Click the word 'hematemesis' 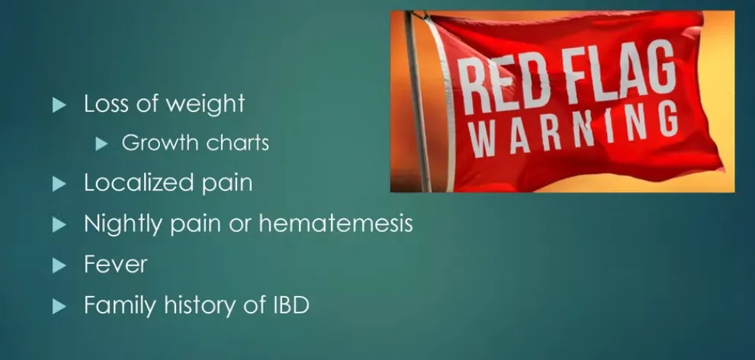pos(336,223)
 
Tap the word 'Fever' pos(116,264)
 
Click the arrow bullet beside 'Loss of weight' pos(59,104)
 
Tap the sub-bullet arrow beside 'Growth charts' pos(101,143)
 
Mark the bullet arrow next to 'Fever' pos(59,265)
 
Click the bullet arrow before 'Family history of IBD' pos(59,306)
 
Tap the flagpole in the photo pos(417,101)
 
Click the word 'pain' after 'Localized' pos(226,184)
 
